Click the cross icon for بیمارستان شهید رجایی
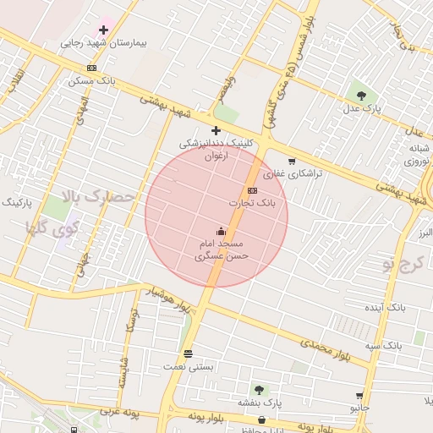coord(104,30)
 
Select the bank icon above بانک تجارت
coord(252,190)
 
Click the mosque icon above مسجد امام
coord(222,231)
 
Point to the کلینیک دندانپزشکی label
coord(216,145)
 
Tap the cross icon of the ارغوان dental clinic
coord(216,130)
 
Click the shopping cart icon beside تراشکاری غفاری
coord(292,162)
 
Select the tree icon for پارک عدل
coord(362,96)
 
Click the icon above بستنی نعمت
coord(188,354)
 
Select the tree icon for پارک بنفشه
coord(258,390)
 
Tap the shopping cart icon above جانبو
coord(360,395)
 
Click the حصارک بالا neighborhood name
coord(99,200)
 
